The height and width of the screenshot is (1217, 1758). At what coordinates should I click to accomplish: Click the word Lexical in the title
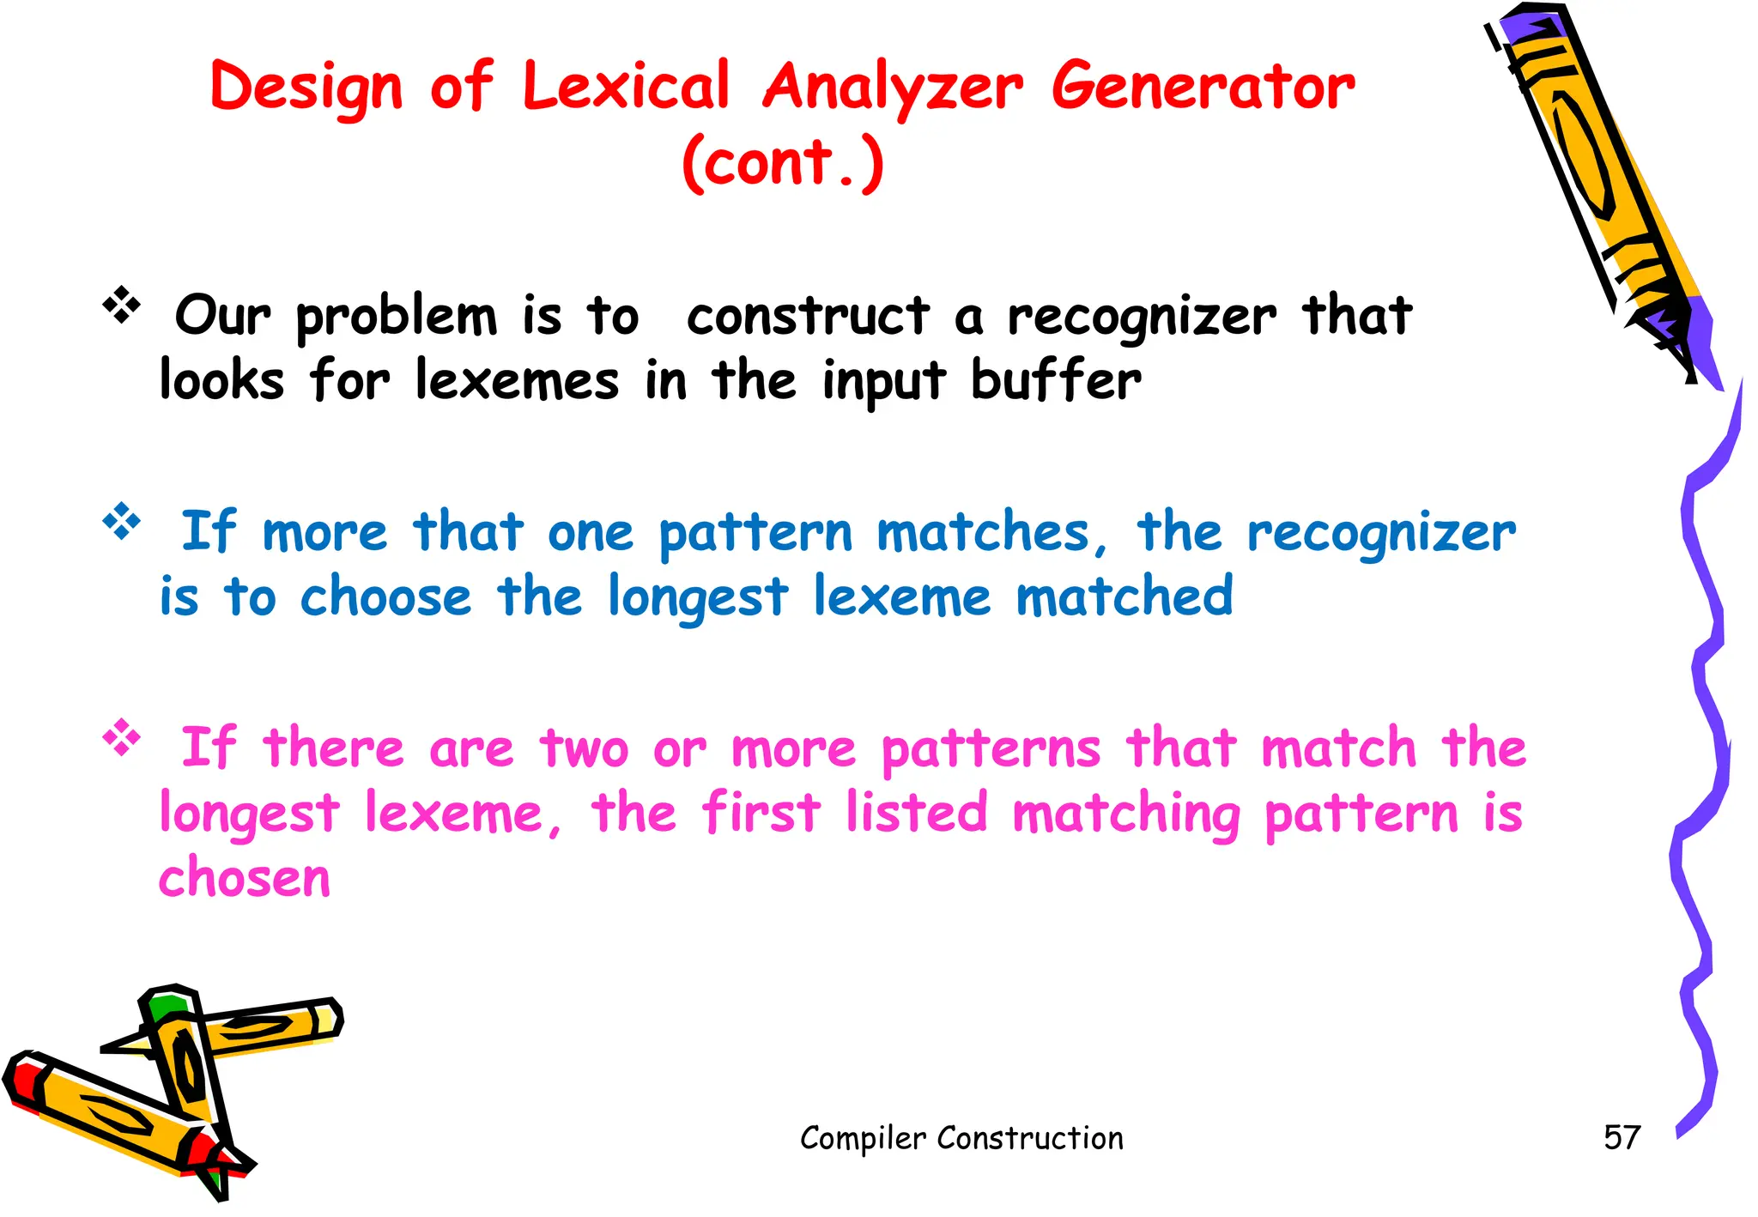point(626,87)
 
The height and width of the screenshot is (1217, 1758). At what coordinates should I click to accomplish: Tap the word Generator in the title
point(1203,87)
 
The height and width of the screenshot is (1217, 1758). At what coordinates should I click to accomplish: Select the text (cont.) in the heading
point(782,162)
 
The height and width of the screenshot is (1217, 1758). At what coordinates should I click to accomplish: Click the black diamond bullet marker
point(122,305)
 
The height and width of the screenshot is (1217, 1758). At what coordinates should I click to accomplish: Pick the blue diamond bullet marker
point(122,521)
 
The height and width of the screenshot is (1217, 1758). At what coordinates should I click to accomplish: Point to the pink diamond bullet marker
point(122,737)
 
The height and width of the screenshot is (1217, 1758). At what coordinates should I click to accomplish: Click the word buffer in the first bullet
point(1056,380)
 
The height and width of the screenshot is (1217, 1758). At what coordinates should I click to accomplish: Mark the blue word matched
point(1125,596)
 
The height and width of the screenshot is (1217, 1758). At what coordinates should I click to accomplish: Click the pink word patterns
point(991,749)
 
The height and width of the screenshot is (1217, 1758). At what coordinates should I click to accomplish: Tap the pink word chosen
point(245,878)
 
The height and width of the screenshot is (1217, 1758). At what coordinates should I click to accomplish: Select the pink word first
point(761,813)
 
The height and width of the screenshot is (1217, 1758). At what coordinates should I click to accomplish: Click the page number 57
point(1622,1138)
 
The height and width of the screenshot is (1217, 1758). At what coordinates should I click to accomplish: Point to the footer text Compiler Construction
point(961,1138)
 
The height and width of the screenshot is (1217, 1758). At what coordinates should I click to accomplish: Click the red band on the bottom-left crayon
point(26,1083)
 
